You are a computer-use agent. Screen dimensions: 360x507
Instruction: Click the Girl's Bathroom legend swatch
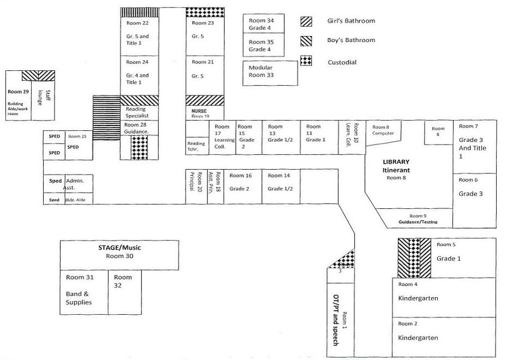(306, 21)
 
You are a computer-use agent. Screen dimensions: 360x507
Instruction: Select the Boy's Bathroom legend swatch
(306, 40)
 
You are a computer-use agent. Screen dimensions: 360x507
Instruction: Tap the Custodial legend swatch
(306, 61)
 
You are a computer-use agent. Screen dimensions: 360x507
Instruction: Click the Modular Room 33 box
(271, 72)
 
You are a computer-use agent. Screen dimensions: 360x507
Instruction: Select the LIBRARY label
(396, 162)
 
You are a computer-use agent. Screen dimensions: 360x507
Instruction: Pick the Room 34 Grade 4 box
(264, 24)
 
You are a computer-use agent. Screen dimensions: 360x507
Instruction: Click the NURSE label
(199, 110)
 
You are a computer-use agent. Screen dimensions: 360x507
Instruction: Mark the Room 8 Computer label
(383, 130)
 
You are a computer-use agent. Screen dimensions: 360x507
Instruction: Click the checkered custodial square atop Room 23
(205, 13)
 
